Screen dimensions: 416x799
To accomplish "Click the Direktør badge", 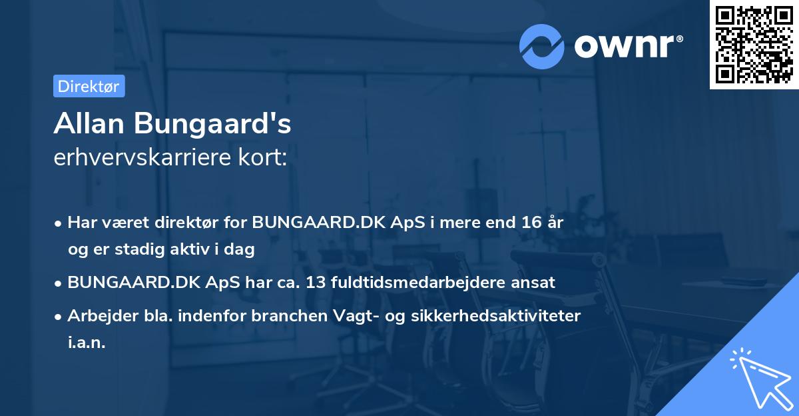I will click(89, 86).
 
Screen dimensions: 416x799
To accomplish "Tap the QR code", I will click(754, 44).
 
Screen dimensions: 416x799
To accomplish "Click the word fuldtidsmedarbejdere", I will click(421, 282).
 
